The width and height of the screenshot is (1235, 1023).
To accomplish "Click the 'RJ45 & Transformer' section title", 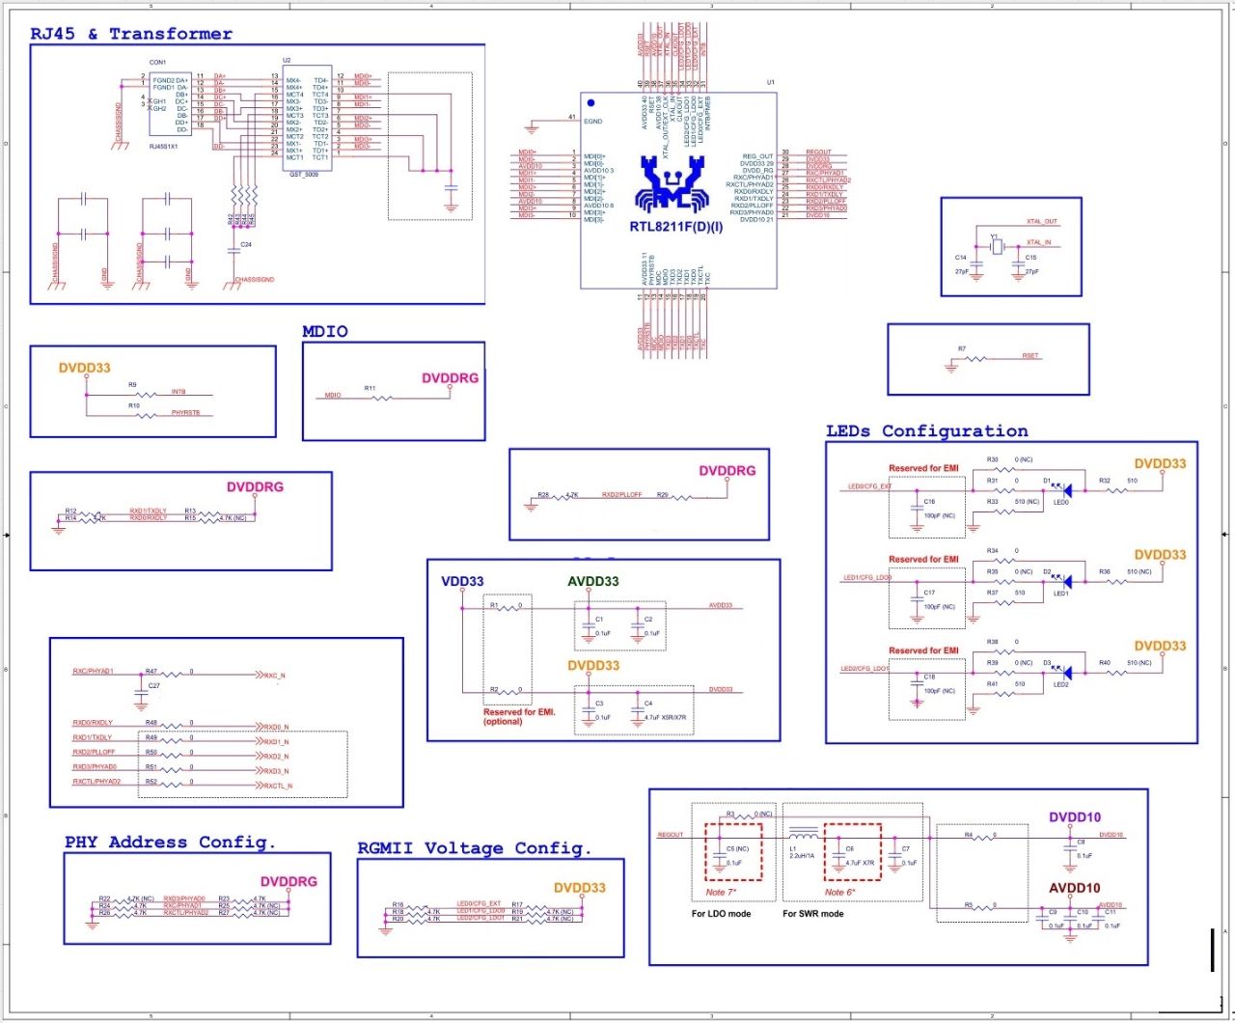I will point(131,34).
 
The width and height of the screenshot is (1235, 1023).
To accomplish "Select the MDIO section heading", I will point(325,331).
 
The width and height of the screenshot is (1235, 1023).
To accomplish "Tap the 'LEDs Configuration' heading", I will point(926,431).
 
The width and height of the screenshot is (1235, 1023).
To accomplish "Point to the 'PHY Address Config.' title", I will point(170,843).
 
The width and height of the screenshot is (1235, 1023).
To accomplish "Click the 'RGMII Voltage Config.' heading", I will point(474,848).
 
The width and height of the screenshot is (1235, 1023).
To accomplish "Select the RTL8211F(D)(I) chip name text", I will point(676,227).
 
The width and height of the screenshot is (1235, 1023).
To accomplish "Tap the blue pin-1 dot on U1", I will point(591,102).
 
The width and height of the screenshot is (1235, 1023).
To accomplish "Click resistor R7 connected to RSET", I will point(976,359).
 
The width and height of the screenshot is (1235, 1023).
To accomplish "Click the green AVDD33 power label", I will point(592,581).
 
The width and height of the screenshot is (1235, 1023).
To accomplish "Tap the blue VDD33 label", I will point(462,581).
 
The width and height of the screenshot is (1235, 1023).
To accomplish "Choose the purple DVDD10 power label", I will point(1075,817).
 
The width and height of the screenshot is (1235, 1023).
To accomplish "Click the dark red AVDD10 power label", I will point(1075,888).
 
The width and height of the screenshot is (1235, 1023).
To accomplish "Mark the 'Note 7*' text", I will point(720,892).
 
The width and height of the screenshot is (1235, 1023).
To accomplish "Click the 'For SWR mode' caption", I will point(812,913).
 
